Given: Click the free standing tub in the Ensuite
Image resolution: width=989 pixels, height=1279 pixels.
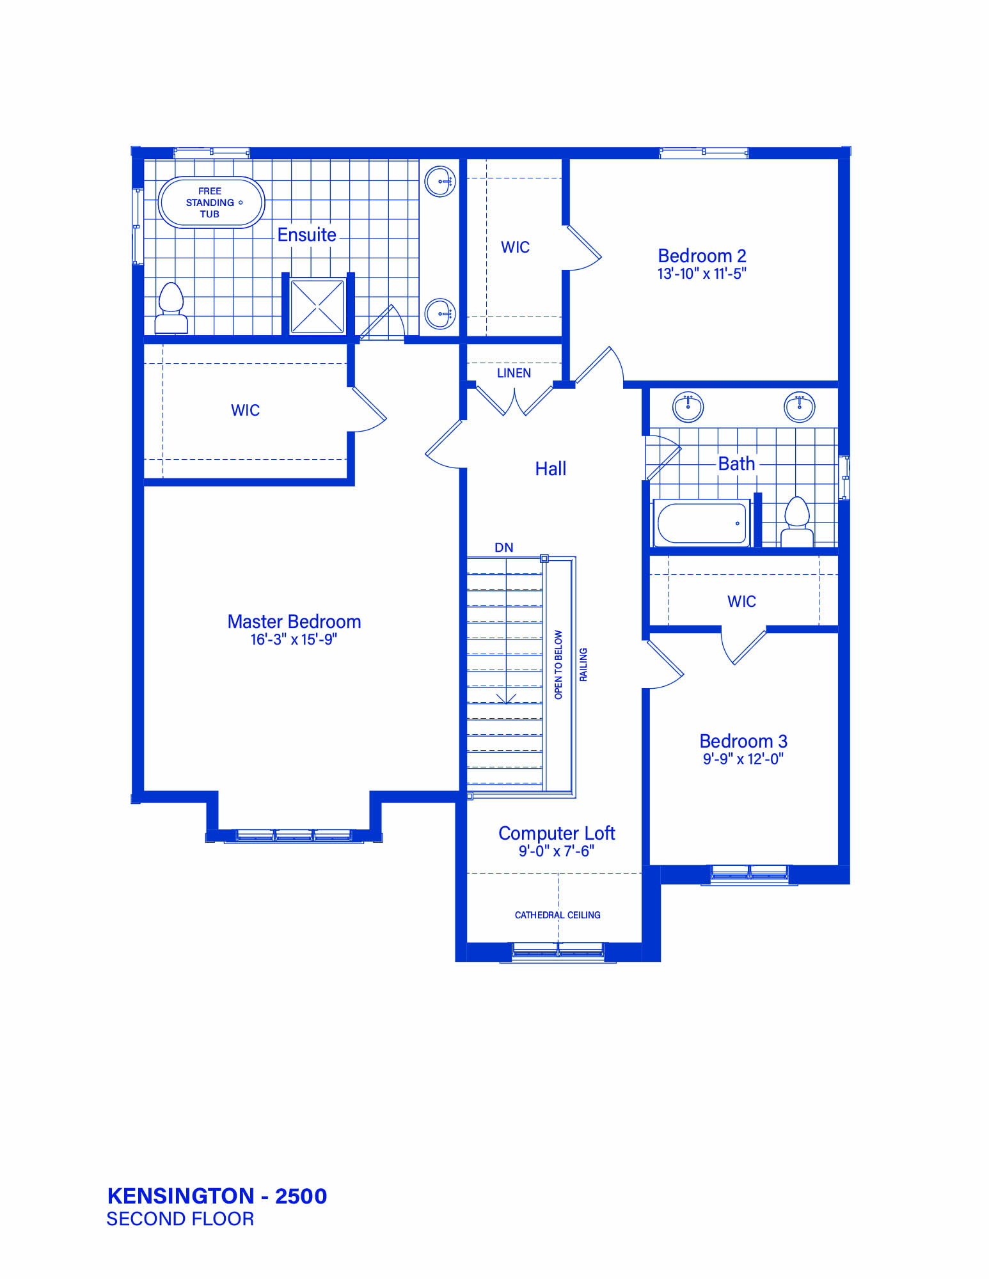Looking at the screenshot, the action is coord(211,202).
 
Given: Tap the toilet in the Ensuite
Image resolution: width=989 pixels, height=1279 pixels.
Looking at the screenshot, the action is coord(171,308).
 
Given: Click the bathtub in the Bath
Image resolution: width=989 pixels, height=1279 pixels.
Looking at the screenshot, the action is coord(702,523).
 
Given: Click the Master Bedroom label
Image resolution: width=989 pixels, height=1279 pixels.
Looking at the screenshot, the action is coord(294,621).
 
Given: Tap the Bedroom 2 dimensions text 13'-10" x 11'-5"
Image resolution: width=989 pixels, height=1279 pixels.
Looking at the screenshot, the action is coord(702,274).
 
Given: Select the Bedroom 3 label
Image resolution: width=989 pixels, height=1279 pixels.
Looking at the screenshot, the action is coord(743,741).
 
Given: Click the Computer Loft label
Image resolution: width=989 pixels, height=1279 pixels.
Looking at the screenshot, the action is coord(557,833).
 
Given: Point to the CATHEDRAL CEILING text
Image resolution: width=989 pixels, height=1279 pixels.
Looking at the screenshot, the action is coord(557,915).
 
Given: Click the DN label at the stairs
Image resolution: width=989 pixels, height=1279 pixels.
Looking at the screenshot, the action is coord(504,547).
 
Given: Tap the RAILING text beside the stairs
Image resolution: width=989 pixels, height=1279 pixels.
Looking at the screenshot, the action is coord(583,664).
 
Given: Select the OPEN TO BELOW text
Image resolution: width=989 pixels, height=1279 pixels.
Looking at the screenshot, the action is coord(558,664).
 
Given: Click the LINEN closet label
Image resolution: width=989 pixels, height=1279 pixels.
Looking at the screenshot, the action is coord(514,373).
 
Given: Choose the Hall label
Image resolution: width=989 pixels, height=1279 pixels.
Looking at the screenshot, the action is coord(551,469).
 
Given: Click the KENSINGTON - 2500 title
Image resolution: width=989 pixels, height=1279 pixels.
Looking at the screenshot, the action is coord(217,1196).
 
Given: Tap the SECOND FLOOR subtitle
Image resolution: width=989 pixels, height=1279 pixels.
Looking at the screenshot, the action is coord(180,1219).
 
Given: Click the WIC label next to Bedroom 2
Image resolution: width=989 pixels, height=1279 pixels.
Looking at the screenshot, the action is coord(515,247).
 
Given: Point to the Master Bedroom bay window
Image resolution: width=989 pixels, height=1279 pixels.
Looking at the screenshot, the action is coord(294,835).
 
